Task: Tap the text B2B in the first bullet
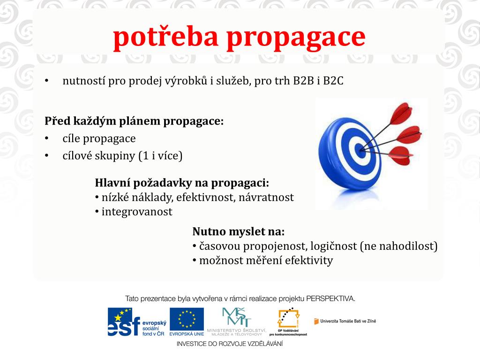click(x=304, y=81)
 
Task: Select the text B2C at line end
click(x=334, y=81)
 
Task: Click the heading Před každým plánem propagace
click(x=134, y=121)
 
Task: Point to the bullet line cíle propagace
click(x=99, y=139)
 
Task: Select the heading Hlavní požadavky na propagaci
click(x=182, y=182)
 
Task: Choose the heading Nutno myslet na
click(x=239, y=232)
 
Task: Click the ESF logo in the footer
click(x=136, y=322)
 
